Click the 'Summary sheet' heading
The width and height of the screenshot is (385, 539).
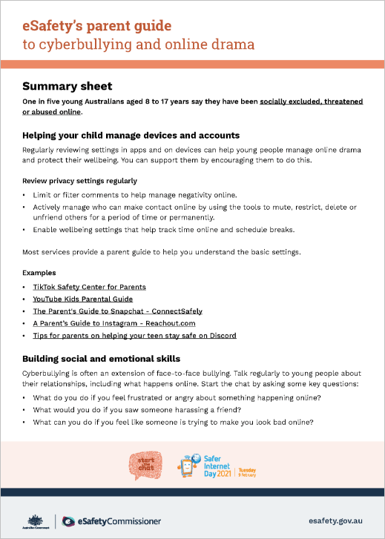(x=67, y=86)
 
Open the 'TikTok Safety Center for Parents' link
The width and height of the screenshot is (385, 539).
(x=89, y=286)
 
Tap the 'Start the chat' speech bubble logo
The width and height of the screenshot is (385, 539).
(x=145, y=466)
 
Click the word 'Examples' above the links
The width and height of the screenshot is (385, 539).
(x=39, y=273)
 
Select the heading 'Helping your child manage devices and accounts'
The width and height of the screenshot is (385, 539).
(x=131, y=136)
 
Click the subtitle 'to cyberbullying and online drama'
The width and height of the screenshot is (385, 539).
(x=138, y=44)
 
